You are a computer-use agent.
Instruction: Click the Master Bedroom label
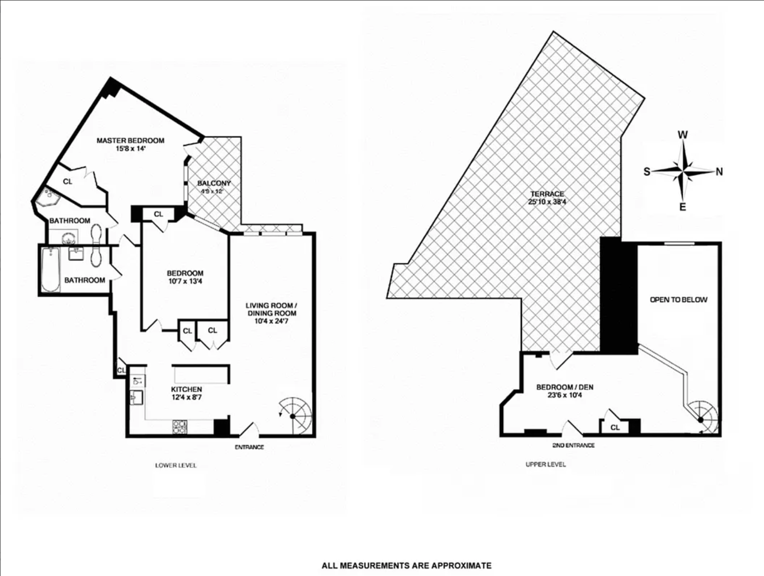(130, 141)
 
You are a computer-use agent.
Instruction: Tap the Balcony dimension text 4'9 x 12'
(211, 191)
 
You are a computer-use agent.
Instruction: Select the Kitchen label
(187, 390)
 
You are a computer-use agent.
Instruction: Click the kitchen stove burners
(180, 427)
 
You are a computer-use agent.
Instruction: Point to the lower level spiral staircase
(294, 416)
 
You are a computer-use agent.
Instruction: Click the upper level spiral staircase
(701, 418)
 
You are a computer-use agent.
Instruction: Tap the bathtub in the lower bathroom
(50, 269)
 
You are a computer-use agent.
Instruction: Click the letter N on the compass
(719, 172)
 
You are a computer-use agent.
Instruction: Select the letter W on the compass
(683, 135)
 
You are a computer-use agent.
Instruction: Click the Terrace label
(547, 194)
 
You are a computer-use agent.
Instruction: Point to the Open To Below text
(678, 300)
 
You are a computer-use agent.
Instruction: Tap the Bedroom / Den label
(565, 387)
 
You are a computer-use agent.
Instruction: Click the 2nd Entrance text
(573, 445)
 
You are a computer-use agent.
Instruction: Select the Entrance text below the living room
(249, 447)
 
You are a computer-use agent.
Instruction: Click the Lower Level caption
(175, 465)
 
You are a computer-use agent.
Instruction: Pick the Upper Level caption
(545, 464)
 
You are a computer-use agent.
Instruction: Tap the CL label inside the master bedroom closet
(68, 181)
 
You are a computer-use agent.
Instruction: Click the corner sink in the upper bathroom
(47, 197)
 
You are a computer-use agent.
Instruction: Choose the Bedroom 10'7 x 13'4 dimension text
(185, 281)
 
